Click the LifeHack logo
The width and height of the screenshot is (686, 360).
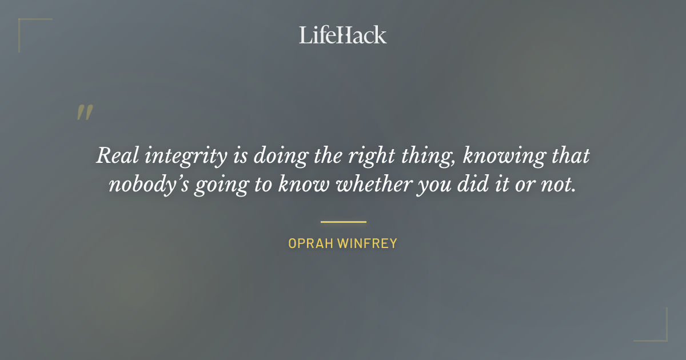(343, 35)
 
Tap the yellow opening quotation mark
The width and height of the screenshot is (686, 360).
(85, 113)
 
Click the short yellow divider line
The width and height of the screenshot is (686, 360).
(343, 222)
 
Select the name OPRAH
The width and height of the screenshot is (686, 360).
(310, 243)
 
